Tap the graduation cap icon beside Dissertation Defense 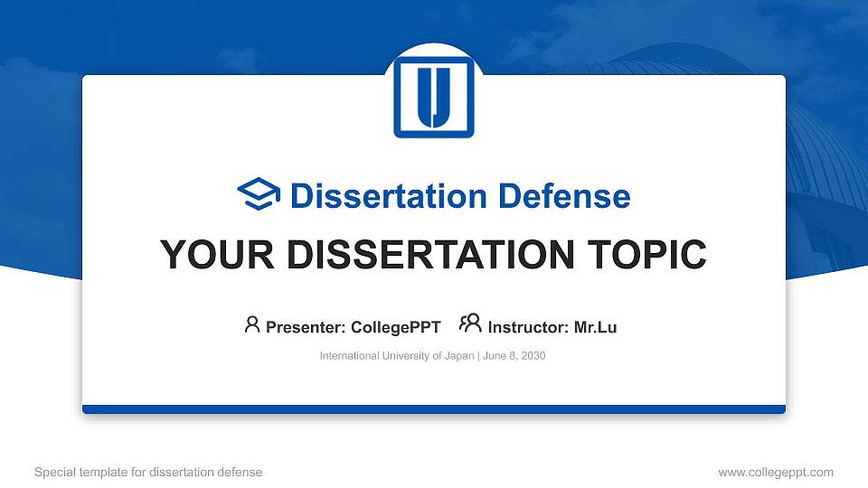[x=259, y=195]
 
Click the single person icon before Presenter [x=252, y=324]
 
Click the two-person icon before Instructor [x=470, y=324]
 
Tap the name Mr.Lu [x=596, y=327]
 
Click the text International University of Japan [x=396, y=356]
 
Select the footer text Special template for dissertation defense [x=148, y=472]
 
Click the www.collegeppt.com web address [x=776, y=472]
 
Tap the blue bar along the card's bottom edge [x=434, y=409]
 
